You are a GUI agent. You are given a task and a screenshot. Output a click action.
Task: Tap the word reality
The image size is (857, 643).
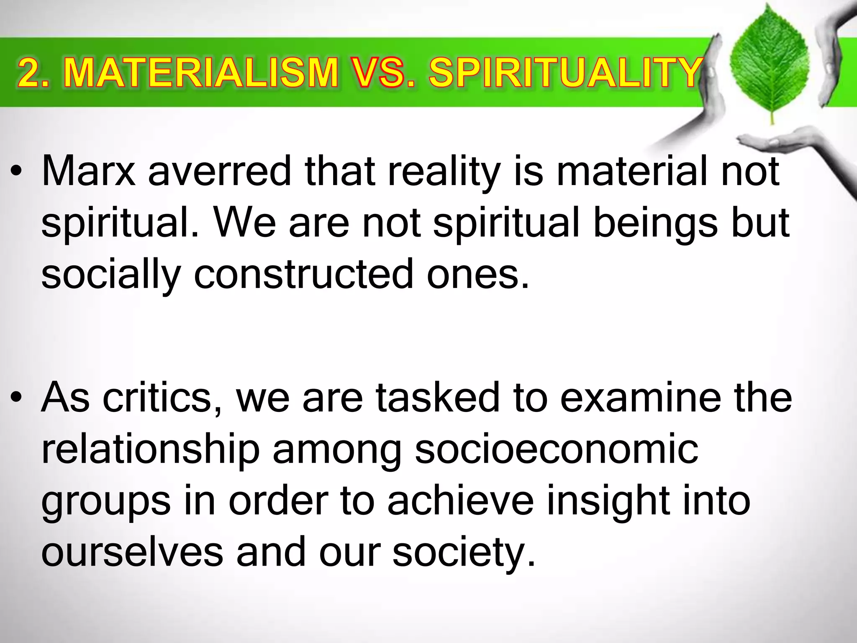pyautogui.click(x=444, y=172)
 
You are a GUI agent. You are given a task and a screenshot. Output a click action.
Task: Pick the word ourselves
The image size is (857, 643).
pyautogui.click(x=132, y=553)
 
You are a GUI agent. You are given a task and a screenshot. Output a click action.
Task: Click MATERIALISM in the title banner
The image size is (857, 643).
pyautogui.click(x=200, y=73)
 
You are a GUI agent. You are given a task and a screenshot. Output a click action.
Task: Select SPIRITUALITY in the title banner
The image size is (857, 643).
pyautogui.click(x=565, y=73)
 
